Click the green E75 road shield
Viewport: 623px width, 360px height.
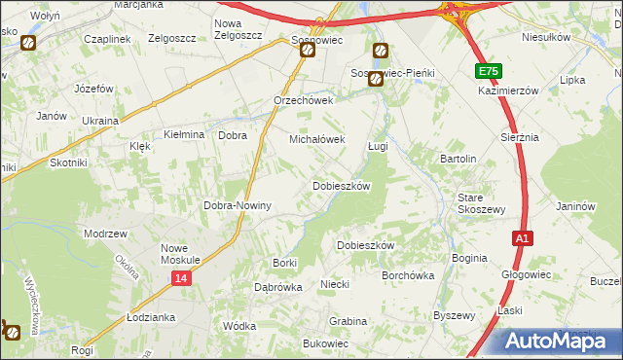click(x=490, y=72)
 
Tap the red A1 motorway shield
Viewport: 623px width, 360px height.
click(x=523, y=238)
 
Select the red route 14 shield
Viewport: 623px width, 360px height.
click(x=182, y=278)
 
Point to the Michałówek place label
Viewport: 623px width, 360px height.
click(x=317, y=140)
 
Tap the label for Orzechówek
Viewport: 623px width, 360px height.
click(x=304, y=100)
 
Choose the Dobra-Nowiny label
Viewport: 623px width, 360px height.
click(x=237, y=206)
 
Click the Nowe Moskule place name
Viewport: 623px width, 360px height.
click(x=180, y=254)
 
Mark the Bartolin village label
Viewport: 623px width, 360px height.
click(x=458, y=159)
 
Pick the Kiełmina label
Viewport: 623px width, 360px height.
click(x=184, y=134)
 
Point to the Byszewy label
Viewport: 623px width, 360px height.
click(x=454, y=315)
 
